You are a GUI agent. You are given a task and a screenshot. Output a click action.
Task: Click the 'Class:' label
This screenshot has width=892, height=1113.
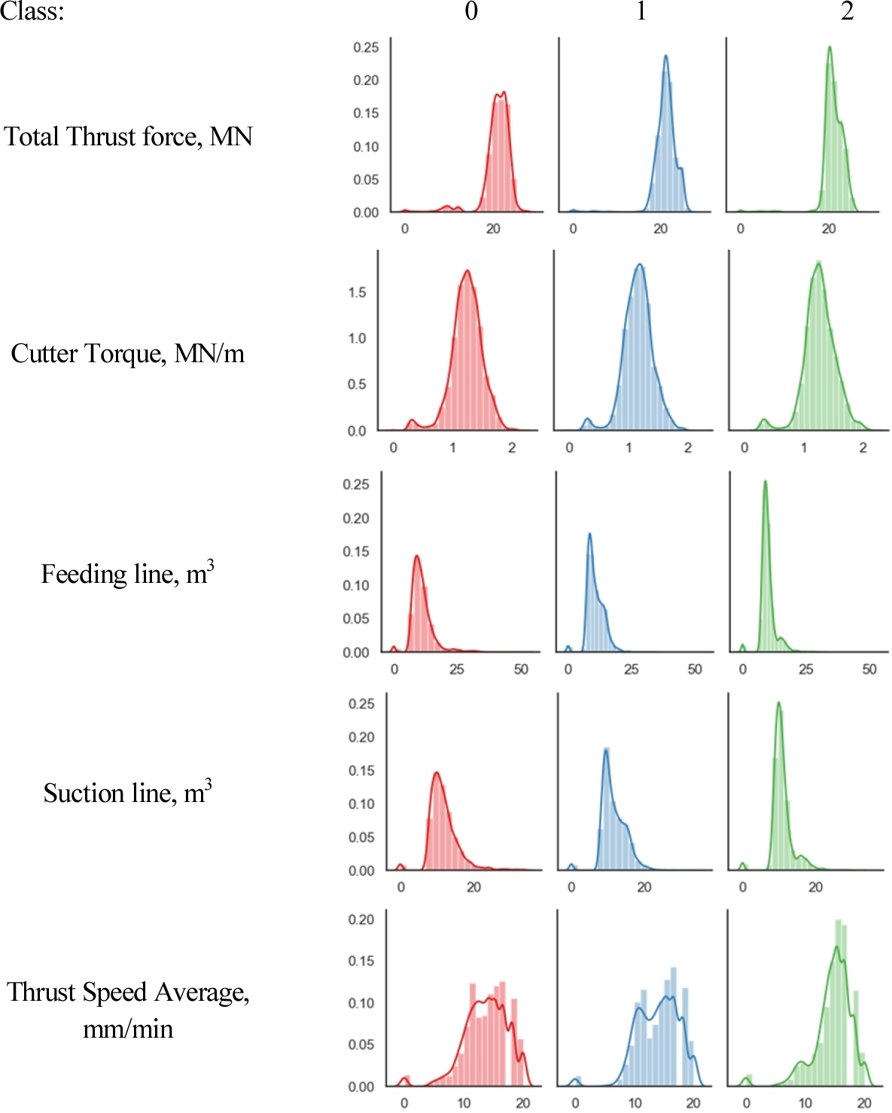point(32,11)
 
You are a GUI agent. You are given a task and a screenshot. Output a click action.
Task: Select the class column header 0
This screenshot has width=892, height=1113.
point(471,11)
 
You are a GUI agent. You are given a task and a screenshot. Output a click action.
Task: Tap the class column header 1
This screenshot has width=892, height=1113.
point(641,11)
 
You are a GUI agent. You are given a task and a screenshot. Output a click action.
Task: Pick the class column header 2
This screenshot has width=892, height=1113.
point(847,11)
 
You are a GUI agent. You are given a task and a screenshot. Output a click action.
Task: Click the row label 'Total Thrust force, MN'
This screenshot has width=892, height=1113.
point(128,137)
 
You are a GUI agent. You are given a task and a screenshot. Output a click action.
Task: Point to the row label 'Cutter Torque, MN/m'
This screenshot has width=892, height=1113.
point(127,354)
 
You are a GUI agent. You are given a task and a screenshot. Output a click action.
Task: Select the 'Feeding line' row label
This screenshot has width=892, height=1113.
point(127,574)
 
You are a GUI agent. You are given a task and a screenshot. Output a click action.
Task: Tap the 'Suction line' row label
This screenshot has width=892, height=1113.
point(127,793)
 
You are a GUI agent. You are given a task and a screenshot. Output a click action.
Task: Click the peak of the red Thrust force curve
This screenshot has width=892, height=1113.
point(503,93)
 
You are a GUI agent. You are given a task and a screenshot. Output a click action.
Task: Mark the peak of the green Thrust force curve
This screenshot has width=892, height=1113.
point(830,47)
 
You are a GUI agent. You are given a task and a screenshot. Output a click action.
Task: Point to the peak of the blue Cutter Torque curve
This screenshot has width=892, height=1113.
point(639,264)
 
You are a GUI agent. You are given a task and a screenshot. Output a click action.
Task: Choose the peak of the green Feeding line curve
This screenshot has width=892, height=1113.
point(765,481)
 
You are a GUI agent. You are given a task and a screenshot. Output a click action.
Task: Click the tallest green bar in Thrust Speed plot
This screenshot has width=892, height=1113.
point(839,920)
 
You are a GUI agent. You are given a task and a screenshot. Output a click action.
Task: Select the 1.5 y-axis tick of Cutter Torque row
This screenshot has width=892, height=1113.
point(357,292)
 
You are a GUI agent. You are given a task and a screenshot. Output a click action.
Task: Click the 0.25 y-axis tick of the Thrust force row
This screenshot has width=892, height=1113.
point(366,47)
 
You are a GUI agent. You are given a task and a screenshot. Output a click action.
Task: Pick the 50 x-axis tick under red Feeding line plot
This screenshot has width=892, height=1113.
point(521,669)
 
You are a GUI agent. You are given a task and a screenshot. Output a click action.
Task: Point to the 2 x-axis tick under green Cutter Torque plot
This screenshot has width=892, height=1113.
point(863,448)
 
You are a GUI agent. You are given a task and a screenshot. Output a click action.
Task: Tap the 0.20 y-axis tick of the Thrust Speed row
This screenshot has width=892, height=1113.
point(361,919)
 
